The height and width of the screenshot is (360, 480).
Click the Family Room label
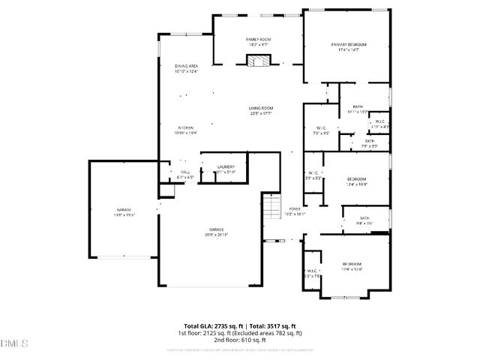pos(259,39)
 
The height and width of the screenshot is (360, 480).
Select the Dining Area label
pos(186,66)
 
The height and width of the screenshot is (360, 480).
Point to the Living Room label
pos(260,109)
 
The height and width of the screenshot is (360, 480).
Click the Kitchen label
pos(185,127)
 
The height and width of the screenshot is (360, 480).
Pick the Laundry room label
pos(226,166)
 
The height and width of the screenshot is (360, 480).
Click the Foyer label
pos(295,209)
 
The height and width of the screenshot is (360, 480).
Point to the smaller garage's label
pos(124,209)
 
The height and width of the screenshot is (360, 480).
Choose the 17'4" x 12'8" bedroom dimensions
pos(352,269)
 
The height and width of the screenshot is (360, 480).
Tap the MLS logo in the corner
pos(13,343)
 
